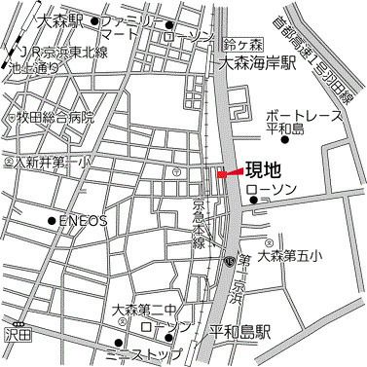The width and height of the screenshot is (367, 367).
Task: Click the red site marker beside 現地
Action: coord(226,174)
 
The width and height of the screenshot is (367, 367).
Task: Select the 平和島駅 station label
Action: coord(239,331)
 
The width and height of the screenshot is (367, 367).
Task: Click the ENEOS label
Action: coord(83,221)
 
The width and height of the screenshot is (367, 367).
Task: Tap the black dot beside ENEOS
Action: coord(52,221)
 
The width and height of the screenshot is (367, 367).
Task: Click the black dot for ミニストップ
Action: coord(120,342)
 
